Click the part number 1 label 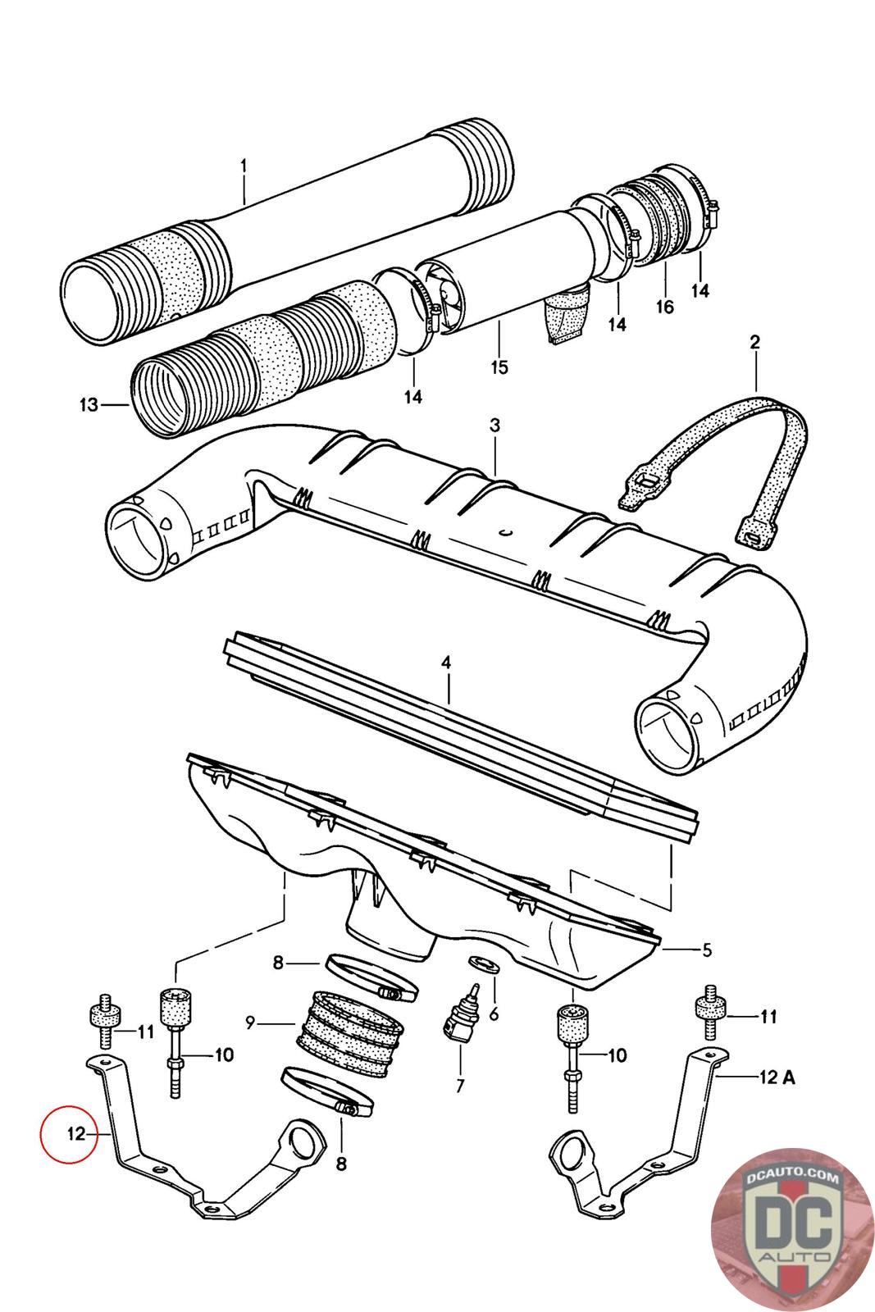244,166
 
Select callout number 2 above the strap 755,342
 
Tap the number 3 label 494,426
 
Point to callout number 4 446,663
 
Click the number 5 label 707,950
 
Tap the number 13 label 89,404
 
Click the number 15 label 499,367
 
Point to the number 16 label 665,307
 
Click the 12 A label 777,1077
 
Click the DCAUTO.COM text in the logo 792,1177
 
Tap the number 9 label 250,1023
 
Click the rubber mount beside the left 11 106,1020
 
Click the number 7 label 460,1086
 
